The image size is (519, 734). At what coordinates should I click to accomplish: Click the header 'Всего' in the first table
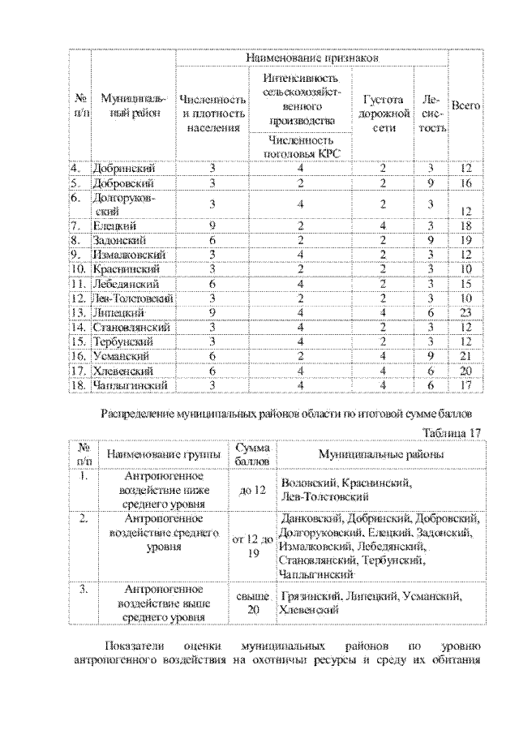tap(465, 105)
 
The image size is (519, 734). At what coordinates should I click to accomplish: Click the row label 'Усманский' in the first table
tap(122, 356)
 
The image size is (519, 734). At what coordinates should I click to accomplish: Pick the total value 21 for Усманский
tap(465, 356)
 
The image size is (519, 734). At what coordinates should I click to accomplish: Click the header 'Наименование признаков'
tap(312, 58)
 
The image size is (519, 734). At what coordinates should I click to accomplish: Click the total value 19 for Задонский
tap(465, 240)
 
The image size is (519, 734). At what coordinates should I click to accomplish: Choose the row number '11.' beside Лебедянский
tap(79, 283)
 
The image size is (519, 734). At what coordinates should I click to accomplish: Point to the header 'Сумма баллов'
tap(247, 454)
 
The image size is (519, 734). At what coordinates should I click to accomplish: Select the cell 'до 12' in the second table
tap(252, 489)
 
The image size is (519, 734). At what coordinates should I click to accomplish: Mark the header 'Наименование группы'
tap(162, 455)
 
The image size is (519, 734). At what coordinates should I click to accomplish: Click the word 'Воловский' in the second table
tap(307, 483)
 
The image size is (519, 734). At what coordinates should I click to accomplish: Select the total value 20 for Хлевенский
tap(465, 371)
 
